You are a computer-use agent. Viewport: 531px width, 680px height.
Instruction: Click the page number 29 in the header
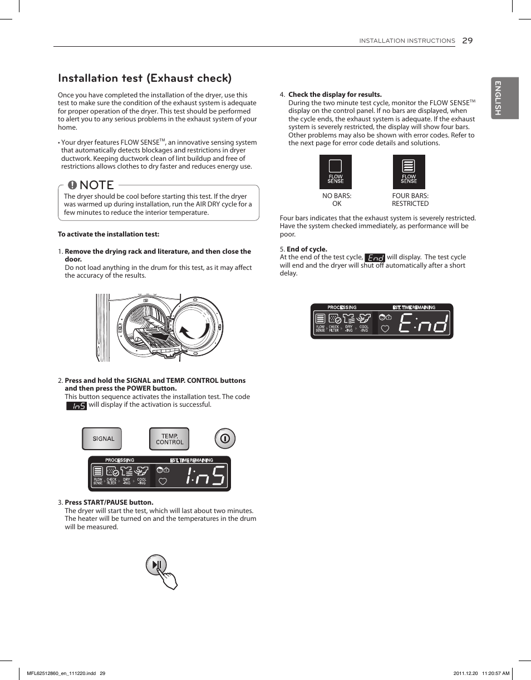point(467,40)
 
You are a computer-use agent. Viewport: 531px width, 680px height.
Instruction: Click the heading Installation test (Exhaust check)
point(145,78)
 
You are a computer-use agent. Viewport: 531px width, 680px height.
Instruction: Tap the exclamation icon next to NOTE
point(72,185)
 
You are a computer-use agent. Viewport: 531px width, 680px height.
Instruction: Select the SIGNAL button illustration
point(102,438)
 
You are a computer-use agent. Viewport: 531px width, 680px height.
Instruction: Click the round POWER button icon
point(225,438)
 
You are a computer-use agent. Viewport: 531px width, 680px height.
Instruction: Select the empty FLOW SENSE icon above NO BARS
point(335,171)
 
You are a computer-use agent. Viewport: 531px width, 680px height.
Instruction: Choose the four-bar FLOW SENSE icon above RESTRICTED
point(409,171)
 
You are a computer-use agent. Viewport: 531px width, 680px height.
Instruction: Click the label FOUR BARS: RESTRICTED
point(410,200)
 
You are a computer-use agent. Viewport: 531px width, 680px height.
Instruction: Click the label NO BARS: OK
point(336,200)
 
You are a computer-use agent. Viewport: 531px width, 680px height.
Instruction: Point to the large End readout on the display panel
point(422,322)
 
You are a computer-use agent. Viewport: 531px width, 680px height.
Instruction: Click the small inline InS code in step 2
point(76,406)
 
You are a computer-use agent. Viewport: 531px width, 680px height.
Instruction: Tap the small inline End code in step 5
point(375,258)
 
